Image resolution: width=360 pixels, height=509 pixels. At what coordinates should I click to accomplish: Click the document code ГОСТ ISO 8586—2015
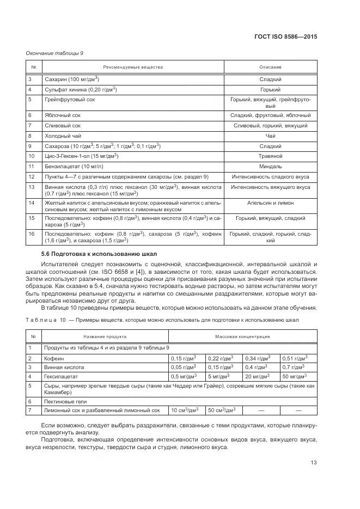(285, 37)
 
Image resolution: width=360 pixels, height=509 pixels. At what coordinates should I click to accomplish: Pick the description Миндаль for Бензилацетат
(270, 166)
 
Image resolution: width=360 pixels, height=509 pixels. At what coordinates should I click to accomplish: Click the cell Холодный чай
(62, 136)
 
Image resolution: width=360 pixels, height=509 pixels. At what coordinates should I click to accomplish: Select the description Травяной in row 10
(270, 156)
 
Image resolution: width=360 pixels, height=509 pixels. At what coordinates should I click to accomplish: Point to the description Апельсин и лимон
(270, 203)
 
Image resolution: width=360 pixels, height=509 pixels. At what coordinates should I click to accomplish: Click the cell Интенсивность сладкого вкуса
(270, 176)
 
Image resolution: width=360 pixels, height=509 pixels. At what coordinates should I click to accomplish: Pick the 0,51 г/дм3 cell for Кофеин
(295, 358)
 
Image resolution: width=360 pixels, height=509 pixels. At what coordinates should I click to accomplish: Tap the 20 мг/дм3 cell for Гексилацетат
(258, 376)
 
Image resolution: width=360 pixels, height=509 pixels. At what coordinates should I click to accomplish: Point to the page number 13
(314, 463)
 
